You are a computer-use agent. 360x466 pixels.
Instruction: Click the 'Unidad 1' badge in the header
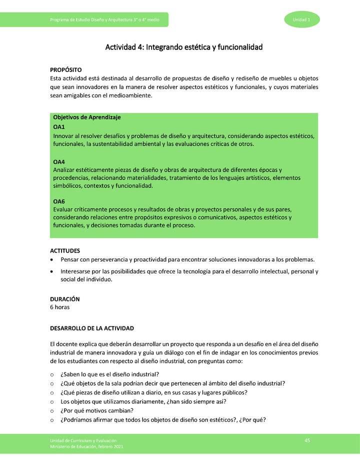click(301, 19)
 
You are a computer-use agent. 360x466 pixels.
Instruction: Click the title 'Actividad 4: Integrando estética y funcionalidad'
click(183, 47)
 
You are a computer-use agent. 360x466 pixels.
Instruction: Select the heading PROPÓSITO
click(65, 70)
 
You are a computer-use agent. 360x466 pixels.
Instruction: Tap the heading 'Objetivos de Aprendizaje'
click(87, 117)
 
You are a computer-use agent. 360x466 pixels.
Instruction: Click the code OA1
click(59, 127)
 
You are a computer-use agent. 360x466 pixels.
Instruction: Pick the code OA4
click(59, 162)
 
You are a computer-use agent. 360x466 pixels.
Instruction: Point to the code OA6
click(59, 201)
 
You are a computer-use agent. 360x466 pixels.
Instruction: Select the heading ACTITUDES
click(65, 250)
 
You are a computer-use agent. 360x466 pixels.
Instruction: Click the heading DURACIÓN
click(64, 299)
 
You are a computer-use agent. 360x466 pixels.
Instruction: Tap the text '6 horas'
click(59, 307)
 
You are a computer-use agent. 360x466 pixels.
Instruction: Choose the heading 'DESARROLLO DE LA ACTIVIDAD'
click(92, 328)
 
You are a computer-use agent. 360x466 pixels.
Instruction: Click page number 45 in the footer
click(307, 439)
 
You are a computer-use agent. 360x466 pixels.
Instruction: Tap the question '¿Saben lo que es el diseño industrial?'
click(110, 374)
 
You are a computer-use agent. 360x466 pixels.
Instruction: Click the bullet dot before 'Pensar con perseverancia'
click(52, 260)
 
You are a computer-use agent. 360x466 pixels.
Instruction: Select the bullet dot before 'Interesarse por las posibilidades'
click(52, 271)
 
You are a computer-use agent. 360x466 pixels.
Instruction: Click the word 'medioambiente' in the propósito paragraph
click(127, 95)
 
